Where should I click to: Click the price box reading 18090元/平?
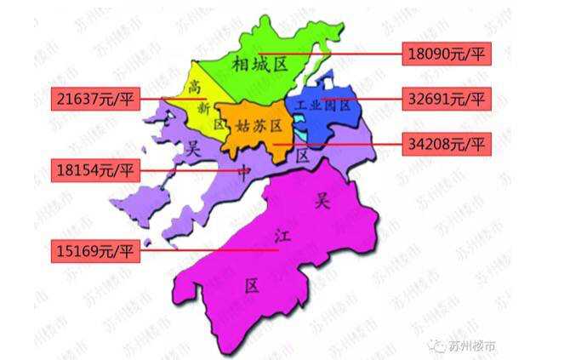coord(445,54)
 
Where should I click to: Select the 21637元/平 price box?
coord(93,99)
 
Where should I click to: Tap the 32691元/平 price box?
coord(445,99)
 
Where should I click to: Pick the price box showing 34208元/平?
coord(445,144)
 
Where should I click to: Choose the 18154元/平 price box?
coord(93,169)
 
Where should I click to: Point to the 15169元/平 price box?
coord(93,251)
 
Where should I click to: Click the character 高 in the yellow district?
coord(195,86)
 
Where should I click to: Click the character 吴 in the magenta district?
coord(322,201)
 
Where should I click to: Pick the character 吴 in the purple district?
coord(193,149)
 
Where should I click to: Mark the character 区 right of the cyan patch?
coord(302,156)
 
